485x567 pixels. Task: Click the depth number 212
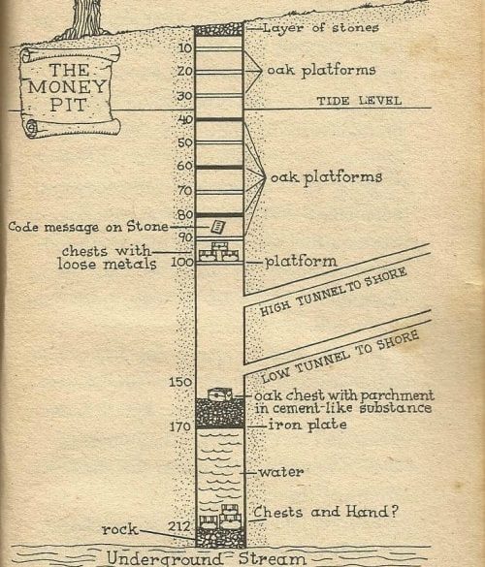(x=178, y=526)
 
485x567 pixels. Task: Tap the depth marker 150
(x=180, y=382)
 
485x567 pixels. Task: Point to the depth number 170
(x=180, y=426)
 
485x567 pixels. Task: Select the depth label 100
(x=182, y=262)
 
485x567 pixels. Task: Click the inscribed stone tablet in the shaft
(x=218, y=227)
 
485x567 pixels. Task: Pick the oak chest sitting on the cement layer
(x=219, y=394)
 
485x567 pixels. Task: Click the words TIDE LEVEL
(x=360, y=101)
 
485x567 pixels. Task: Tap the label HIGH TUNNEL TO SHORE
(x=334, y=292)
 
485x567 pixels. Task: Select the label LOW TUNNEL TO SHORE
(x=339, y=357)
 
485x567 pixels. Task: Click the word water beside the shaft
(x=281, y=472)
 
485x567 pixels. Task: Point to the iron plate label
(x=307, y=425)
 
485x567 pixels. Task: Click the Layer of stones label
(x=321, y=28)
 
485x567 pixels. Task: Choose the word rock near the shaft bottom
(x=120, y=529)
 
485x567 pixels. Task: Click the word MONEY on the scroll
(x=67, y=87)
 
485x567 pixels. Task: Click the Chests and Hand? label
(x=325, y=512)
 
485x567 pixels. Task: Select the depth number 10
(x=185, y=47)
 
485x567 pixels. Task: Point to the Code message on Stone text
(x=88, y=227)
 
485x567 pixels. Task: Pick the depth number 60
(x=184, y=166)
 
